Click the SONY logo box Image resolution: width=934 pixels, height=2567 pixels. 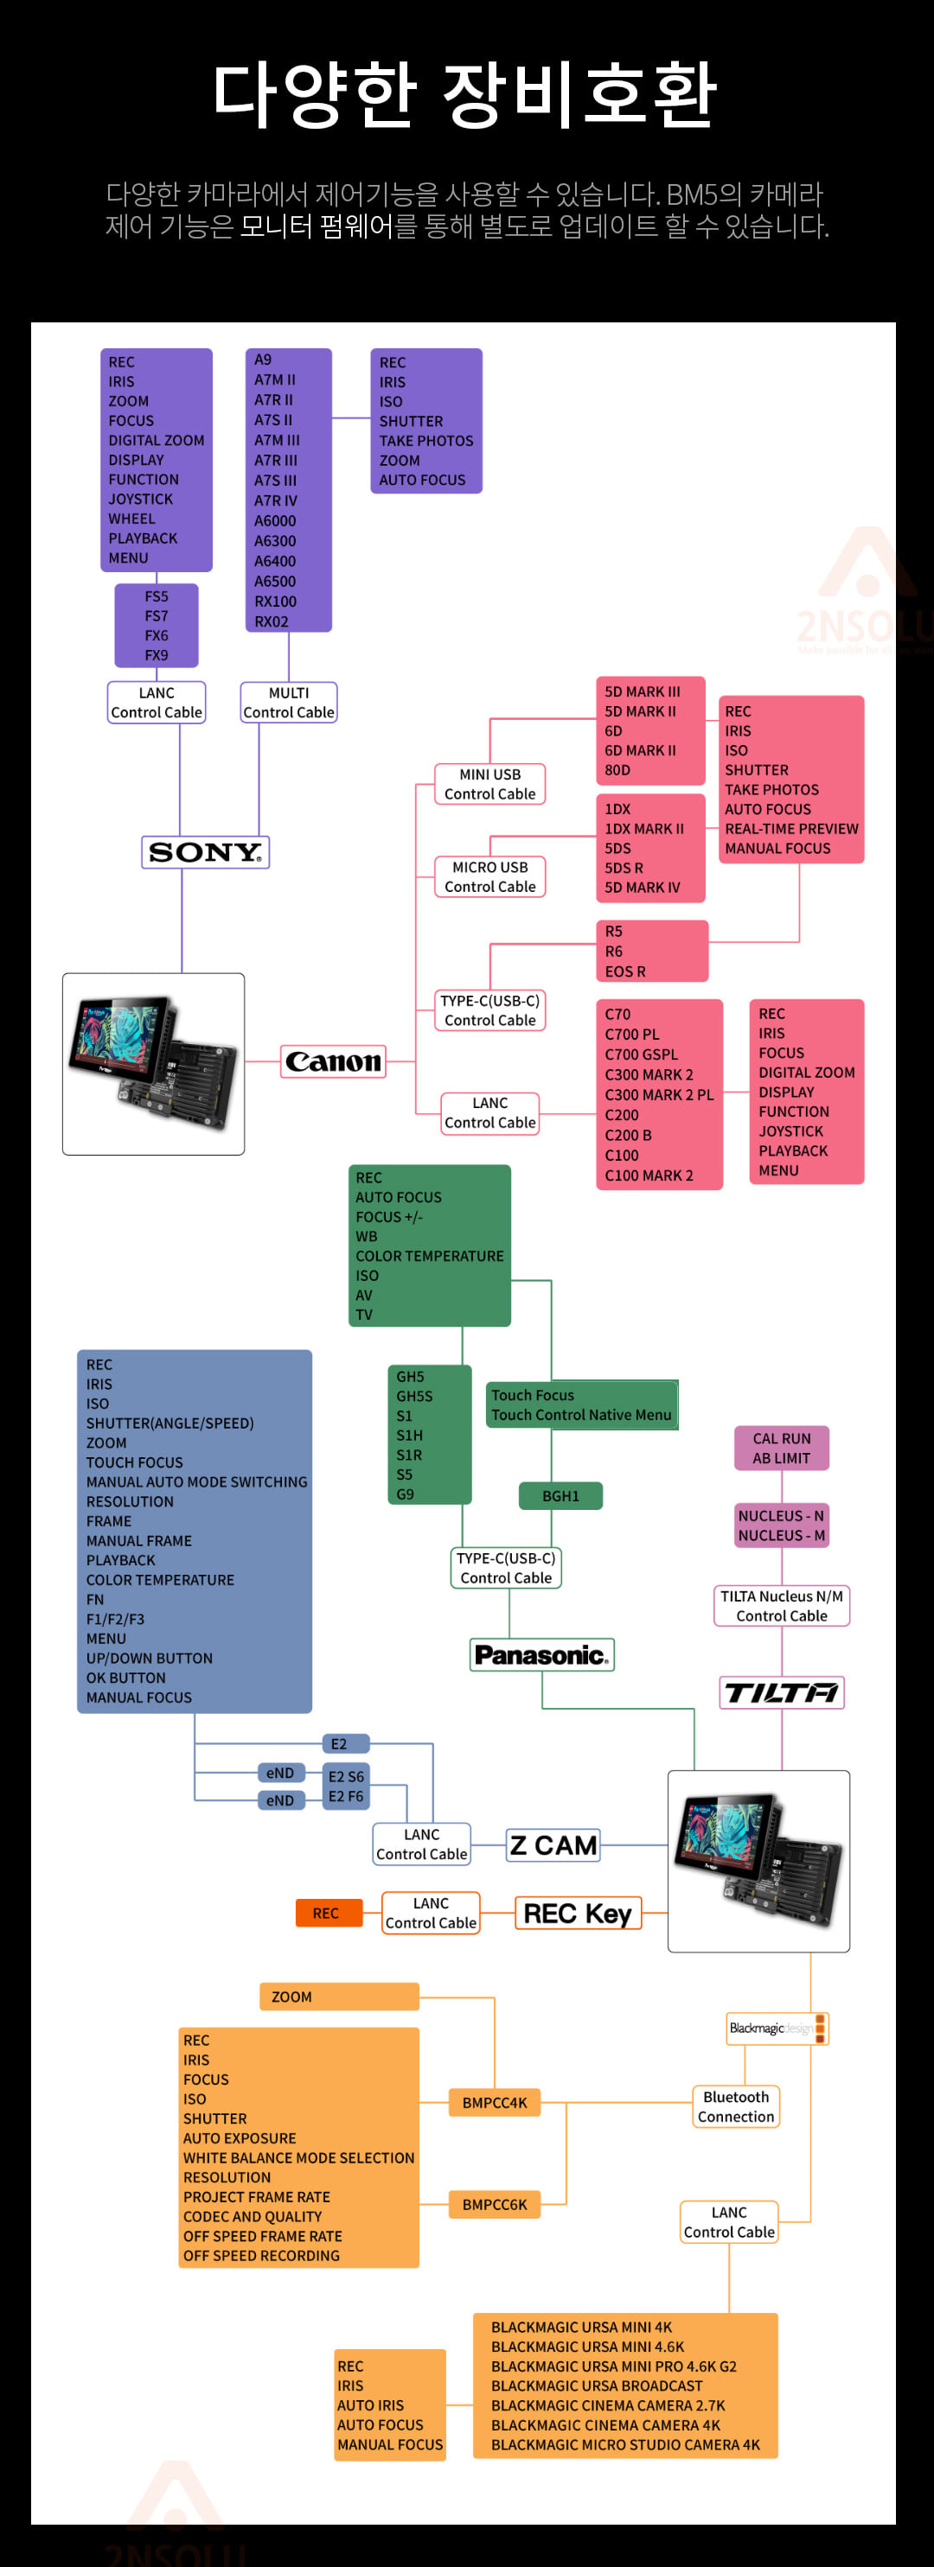pos(205,852)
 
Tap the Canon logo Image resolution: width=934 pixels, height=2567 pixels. pos(334,1061)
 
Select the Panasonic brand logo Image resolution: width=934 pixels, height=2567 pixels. pos(542,1654)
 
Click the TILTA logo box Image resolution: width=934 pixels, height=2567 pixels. pos(782,1692)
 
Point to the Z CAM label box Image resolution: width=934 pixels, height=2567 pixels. pos(553,1845)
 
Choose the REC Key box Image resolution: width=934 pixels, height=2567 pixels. pos(579,1914)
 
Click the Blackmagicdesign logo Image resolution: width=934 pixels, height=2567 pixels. pos(777,2028)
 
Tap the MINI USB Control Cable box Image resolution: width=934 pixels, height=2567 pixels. pos(489,784)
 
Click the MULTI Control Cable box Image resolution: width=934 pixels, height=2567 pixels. pos(289,703)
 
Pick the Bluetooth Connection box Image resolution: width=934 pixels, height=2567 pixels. pos(736,2106)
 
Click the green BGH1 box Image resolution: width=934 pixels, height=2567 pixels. pos(561,1496)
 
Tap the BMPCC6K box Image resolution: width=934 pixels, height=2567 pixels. pos(495,2204)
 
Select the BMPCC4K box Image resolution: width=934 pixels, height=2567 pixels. pos(495,2103)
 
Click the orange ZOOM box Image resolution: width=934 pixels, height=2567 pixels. pos(339,1996)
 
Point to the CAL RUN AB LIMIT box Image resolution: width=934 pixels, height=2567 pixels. pos(782,1448)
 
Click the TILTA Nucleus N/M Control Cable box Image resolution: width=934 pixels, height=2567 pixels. pos(782,1605)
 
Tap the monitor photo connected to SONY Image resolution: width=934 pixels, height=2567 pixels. pos(154,1064)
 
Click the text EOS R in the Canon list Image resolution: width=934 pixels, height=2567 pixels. pos(625,971)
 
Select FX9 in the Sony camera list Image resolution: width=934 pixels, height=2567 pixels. pos(157,654)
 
